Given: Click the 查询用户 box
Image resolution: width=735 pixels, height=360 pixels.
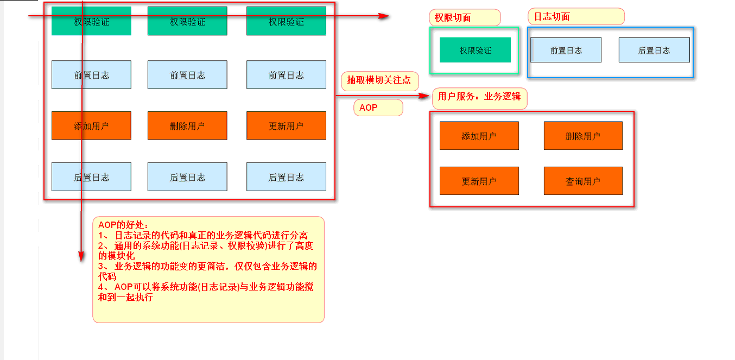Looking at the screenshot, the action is coord(583,181).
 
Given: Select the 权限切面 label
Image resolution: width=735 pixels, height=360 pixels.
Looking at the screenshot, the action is coord(465,17).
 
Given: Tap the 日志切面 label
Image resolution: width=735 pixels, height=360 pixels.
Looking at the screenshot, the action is coord(576,16).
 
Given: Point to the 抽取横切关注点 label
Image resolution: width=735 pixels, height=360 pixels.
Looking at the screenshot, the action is coord(379,80).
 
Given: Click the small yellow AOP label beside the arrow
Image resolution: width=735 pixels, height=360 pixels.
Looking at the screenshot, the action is coord(378,108).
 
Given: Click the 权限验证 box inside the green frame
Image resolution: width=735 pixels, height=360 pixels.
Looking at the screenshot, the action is coord(475,50).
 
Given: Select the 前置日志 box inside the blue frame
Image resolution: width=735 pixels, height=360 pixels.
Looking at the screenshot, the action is coord(566,50).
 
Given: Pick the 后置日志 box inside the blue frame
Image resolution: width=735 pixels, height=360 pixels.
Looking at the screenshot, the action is coord(654,50).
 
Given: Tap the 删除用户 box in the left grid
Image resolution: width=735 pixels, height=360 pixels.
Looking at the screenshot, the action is coord(187,125).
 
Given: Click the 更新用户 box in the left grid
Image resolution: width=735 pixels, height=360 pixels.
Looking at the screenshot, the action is coord(287,125).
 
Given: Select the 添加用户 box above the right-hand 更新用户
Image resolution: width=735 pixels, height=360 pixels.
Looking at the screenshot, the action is coord(479,136).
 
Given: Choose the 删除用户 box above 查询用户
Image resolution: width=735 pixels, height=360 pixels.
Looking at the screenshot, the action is coord(583,136).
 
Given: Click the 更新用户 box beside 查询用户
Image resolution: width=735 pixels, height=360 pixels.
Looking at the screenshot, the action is coord(479,181).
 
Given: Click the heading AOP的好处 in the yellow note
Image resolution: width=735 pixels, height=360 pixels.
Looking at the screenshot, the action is coord(123,225).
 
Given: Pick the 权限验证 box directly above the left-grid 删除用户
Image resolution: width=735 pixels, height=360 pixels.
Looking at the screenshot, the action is coord(187,21).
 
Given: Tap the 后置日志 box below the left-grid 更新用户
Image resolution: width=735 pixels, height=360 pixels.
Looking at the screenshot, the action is coord(287,176).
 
